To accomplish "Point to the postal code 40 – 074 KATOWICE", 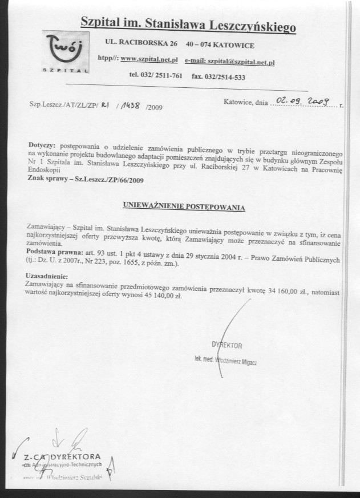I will click(220, 44).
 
